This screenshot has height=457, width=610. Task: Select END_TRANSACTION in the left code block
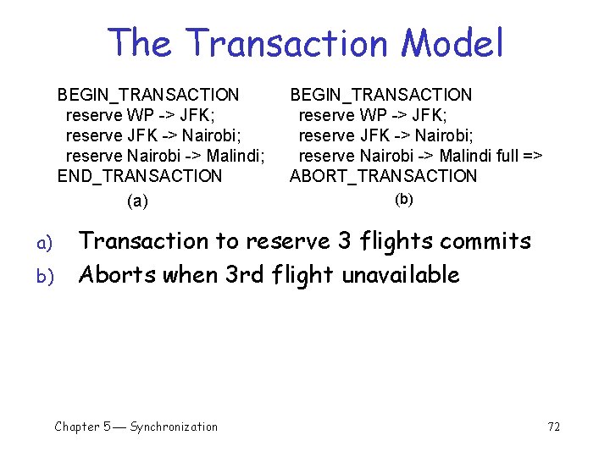(139, 176)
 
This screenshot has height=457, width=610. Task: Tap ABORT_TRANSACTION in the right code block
(383, 176)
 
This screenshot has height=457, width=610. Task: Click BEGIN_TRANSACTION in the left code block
(148, 95)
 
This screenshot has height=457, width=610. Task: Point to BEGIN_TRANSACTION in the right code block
(381, 95)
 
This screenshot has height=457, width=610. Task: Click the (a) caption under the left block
(136, 201)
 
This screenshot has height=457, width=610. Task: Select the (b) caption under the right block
(404, 200)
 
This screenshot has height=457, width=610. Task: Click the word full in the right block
(506, 156)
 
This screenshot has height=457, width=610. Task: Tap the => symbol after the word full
(532, 156)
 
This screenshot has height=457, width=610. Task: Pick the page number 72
(554, 427)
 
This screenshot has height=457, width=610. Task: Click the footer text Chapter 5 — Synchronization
(136, 427)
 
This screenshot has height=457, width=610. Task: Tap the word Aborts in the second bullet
(115, 275)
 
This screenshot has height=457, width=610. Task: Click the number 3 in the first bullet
(344, 241)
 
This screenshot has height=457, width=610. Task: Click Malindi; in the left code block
(236, 156)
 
